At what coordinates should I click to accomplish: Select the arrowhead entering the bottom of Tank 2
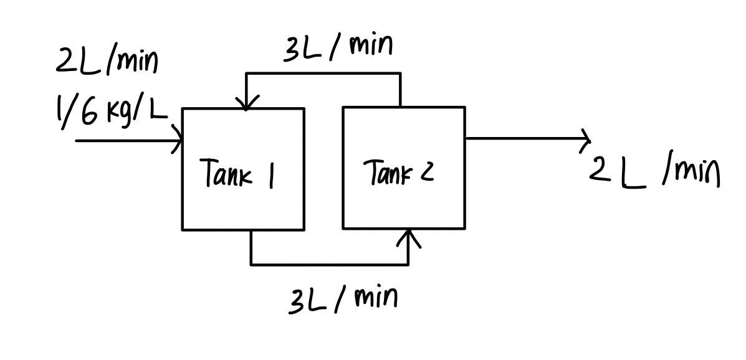[x=409, y=236]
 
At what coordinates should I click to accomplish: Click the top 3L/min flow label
[x=338, y=48]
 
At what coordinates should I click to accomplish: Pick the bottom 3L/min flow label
[x=343, y=300]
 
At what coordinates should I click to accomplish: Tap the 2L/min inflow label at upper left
[x=107, y=61]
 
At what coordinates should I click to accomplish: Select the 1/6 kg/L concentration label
[x=111, y=113]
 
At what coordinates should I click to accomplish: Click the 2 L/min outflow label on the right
[x=654, y=171]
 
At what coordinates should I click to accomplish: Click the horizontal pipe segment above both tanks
[x=323, y=73]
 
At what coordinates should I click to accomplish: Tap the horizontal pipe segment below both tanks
[x=329, y=265]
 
